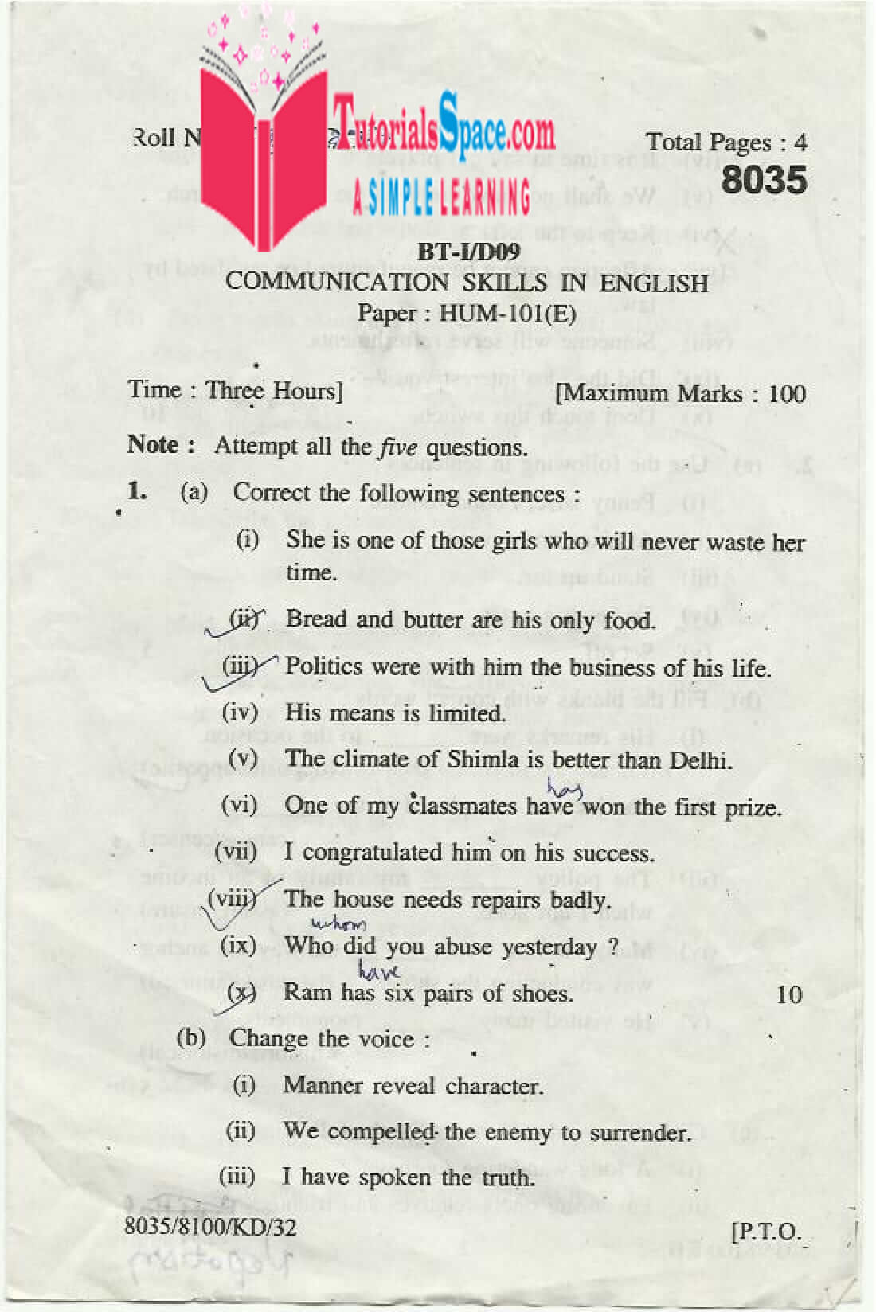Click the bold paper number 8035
[x=764, y=180]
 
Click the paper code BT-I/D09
[x=468, y=252]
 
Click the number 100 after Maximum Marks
[x=787, y=393]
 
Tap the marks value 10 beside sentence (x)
[x=788, y=994]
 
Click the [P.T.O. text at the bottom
[x=765, y=1232]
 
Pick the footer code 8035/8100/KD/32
[x=210, y=1227]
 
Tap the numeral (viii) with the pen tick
[x=232, y=900]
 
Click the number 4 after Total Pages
[x=800, y=143]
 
